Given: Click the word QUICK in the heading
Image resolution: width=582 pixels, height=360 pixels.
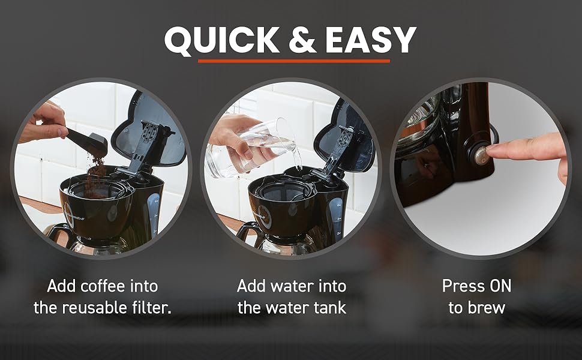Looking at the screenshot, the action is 222,40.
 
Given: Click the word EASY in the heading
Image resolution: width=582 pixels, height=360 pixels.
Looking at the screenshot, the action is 371,40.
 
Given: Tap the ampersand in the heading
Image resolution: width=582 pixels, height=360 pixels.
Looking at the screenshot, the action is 302,40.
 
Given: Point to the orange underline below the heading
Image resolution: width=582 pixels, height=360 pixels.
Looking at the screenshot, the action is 294,61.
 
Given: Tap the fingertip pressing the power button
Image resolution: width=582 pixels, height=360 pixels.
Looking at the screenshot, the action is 492,148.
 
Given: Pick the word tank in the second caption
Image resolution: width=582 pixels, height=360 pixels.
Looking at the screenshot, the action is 329,308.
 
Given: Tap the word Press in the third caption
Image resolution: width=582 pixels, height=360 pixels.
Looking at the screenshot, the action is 463,286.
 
